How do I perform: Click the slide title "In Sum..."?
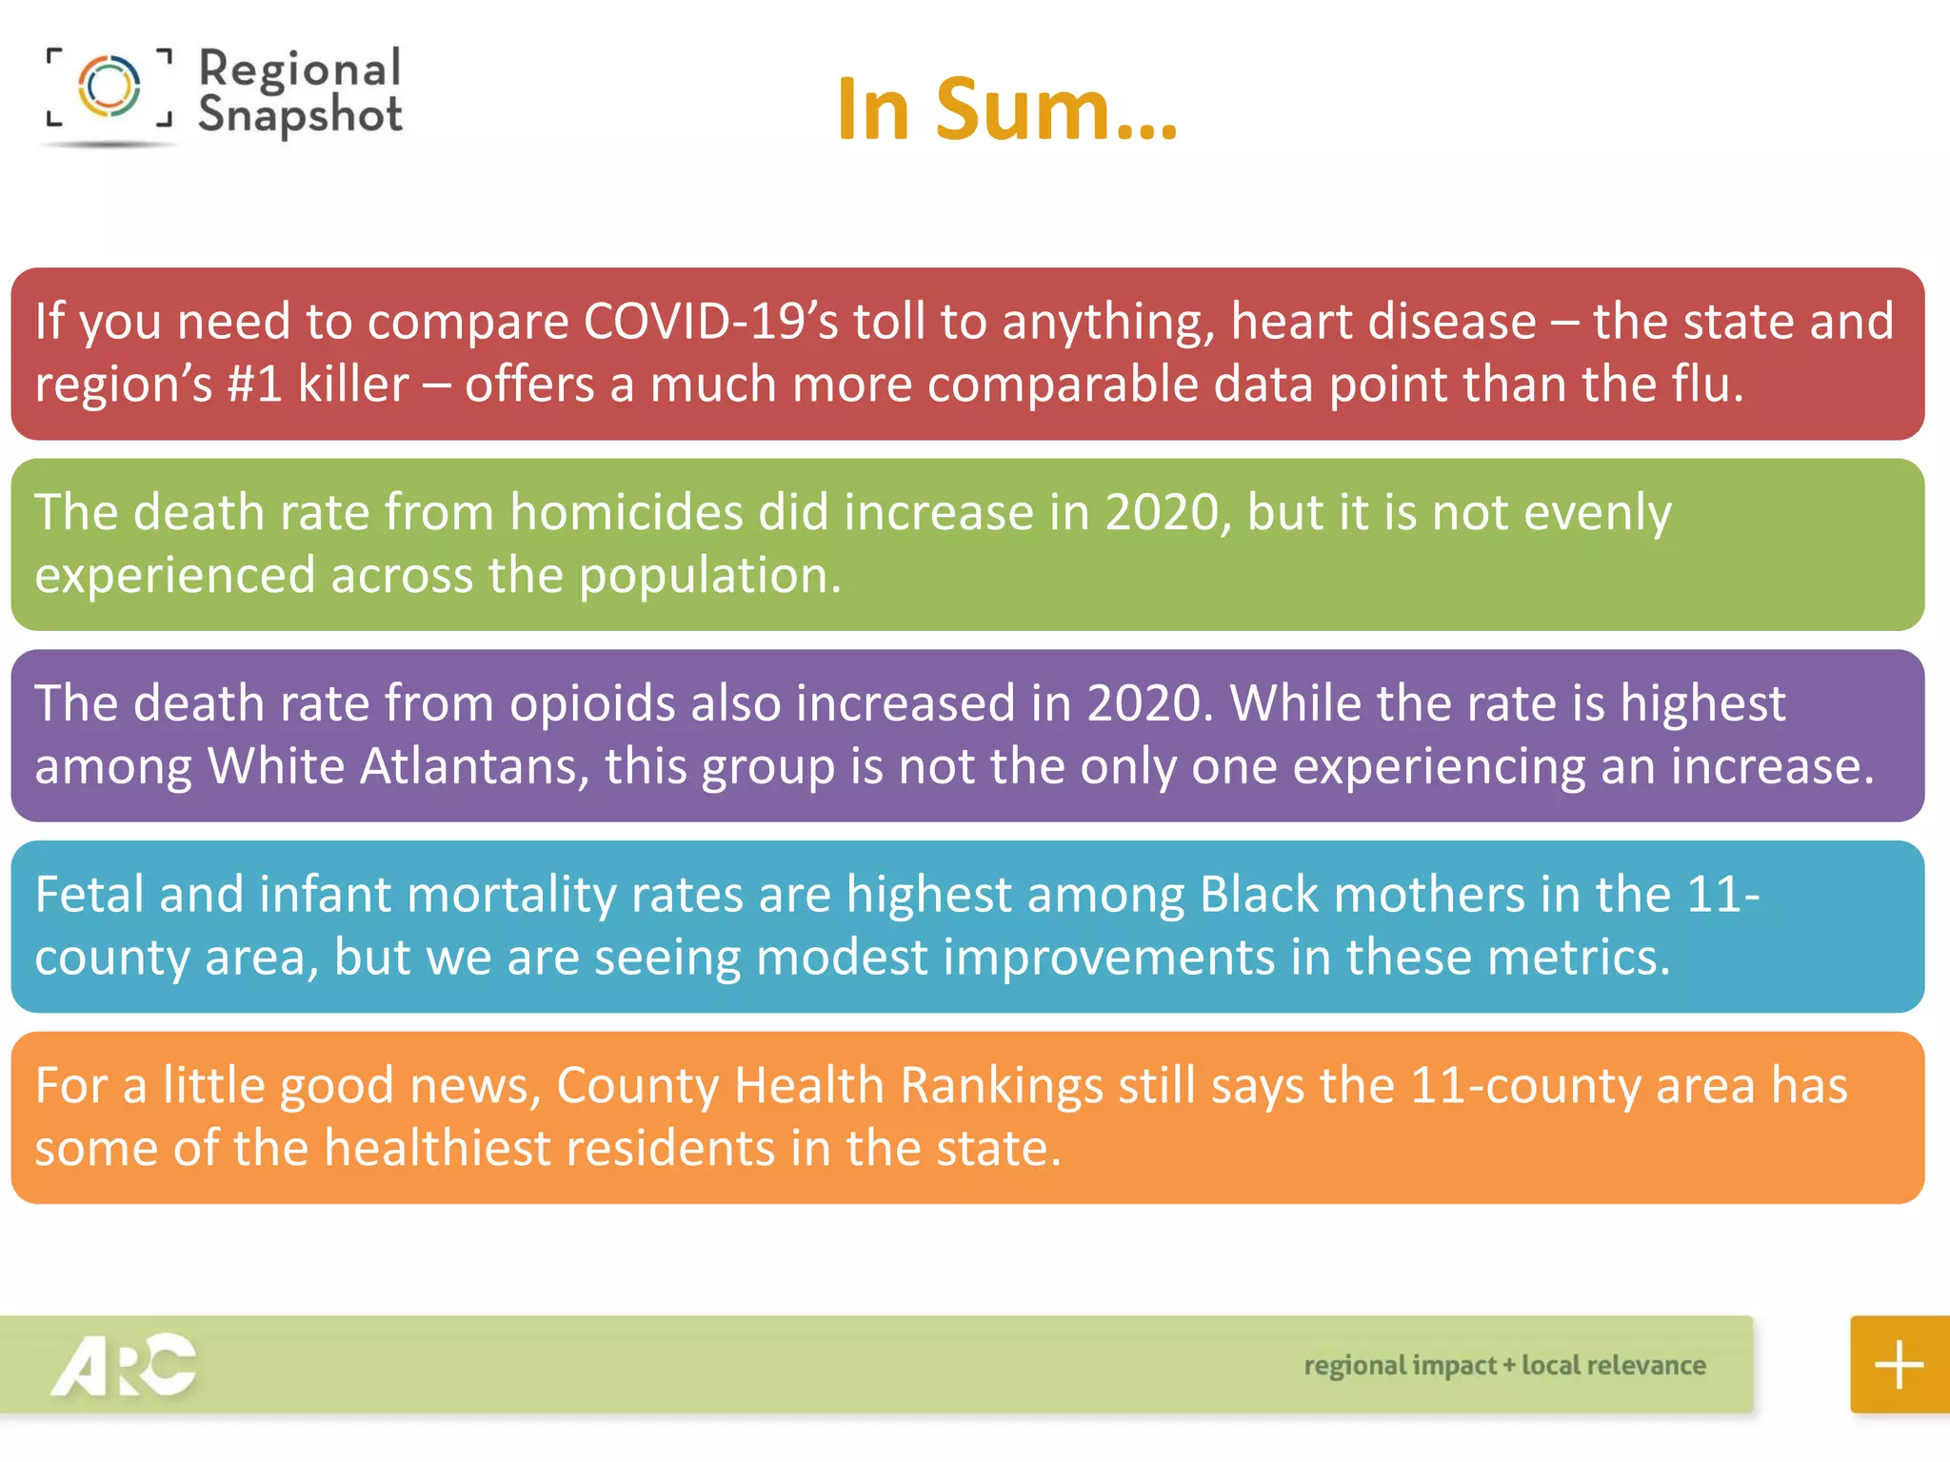point(1007,109)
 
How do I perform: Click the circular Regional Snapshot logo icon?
point(109,86)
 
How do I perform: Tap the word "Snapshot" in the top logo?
point(300,115)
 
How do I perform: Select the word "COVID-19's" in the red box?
point(710,322)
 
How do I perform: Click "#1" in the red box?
point(254,385)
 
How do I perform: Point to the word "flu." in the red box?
point(1708,385)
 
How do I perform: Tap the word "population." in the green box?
point(710,575)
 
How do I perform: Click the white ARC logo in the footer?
point(124,1365)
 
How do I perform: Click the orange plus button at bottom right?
point(1899,1364)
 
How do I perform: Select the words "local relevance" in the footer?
point(1613,1365)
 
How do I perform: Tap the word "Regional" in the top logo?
point(300,69)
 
